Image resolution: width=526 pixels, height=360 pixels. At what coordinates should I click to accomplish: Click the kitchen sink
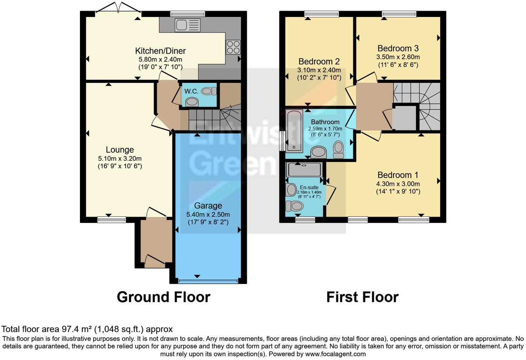point(188,25)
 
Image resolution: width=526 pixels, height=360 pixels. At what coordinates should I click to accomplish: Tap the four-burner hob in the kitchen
point(233,47)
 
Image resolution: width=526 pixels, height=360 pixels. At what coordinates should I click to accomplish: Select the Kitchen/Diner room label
point(160,51)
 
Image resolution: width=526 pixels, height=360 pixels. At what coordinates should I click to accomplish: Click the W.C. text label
point(191,91)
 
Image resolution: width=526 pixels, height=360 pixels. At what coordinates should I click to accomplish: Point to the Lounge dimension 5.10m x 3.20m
point(120,159)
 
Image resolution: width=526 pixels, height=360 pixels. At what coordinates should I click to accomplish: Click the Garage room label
point(208,206)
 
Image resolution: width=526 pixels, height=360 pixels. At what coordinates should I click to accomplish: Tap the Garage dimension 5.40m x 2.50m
point(208,214)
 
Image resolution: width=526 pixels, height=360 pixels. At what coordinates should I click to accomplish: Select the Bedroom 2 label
point(319,62)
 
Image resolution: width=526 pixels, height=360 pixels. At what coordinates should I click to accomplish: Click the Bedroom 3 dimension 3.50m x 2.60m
point(398,57)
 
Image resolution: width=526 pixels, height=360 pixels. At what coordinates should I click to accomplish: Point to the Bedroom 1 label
point(398,175)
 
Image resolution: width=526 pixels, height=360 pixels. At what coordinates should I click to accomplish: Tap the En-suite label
point(309,187)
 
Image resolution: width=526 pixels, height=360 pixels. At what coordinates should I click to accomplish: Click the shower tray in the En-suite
point(304,170)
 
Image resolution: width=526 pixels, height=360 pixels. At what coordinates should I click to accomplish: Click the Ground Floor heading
point(163,297)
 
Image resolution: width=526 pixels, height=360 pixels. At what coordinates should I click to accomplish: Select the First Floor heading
point(362,297)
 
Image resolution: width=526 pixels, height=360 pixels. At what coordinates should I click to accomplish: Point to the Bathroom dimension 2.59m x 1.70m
point(325,128)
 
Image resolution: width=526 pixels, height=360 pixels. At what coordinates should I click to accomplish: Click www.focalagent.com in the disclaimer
point(335,354)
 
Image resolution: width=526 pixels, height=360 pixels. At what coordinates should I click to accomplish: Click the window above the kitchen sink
point(188,14)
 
